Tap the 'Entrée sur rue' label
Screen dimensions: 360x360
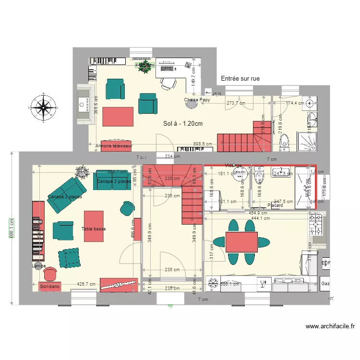coord(240,78)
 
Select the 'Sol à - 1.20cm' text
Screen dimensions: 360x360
coord(183,124)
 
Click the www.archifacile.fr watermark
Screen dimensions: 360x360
coord(330,326)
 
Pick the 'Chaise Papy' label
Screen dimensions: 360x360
coord(197,100)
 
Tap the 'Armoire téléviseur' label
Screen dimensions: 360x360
coord(114,145)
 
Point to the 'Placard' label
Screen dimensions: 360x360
coord(276,205)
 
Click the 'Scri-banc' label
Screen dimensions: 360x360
coord(50,287)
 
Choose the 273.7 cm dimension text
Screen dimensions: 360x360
coord(236,103)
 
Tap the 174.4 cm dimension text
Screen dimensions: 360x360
coord(295,103)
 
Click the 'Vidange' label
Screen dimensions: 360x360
coord(233,165)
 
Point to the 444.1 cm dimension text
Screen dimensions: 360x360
coord(261,218)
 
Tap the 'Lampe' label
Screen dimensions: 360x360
coord(39,265)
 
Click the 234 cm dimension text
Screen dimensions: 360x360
coord(172,156)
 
